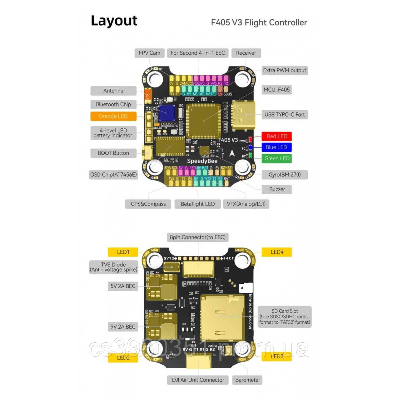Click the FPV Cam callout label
149,53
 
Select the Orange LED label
113,116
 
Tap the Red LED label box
277,136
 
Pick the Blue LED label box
276,147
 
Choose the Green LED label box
277,159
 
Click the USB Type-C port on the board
245,114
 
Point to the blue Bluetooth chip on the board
167,113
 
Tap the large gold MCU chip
203,121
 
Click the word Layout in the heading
114,21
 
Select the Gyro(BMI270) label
285,175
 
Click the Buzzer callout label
277,189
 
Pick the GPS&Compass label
148,204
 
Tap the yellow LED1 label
123,252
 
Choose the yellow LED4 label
277,252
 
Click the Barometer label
247,380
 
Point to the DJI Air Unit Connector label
198,380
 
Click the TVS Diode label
113,267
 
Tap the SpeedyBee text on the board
202,161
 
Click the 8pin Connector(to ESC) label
198,237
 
